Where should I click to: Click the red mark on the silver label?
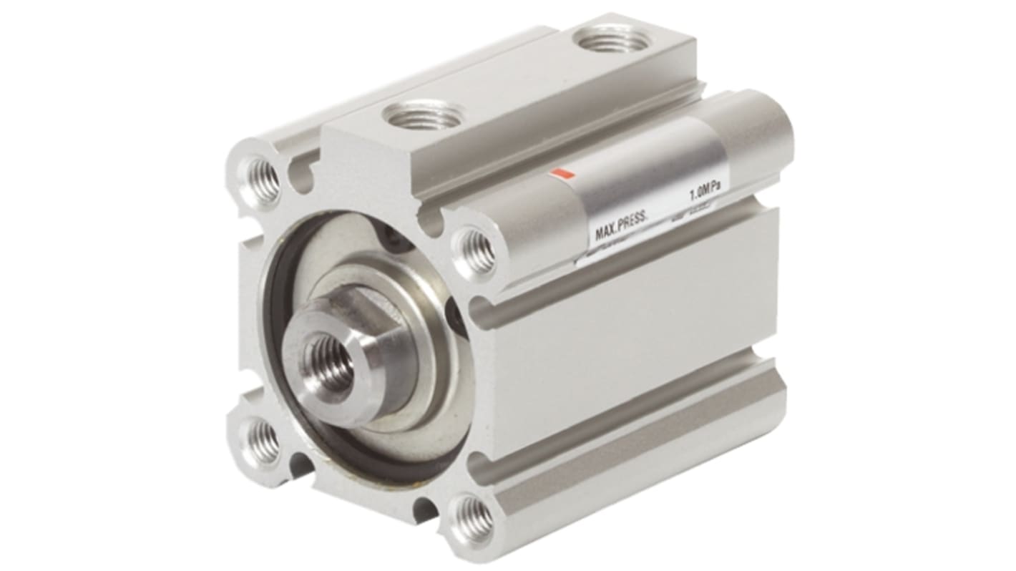click(x=564, y=173)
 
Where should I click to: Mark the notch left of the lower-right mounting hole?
click(x=425, y=509)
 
